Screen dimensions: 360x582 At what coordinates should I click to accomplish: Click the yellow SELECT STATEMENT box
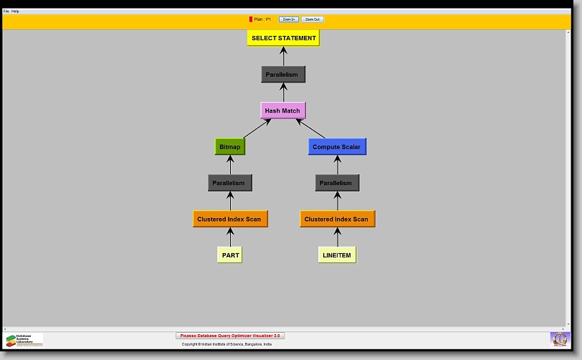(283, 38)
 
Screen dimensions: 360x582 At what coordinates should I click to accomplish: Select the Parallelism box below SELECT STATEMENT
(283, 75)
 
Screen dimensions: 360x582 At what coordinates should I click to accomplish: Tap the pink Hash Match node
(282, 110)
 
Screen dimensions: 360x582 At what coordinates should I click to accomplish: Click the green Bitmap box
(230, 146)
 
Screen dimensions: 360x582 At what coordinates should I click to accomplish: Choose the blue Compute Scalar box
(337, 146)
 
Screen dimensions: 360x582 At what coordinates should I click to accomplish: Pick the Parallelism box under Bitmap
(230, 183)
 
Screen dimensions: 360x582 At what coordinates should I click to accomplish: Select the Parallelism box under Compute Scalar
(337, 183)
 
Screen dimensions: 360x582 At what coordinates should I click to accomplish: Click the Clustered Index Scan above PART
(230, 219)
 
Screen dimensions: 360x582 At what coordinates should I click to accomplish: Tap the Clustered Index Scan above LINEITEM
(337, 219)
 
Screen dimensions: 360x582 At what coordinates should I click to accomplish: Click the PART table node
(230, 255)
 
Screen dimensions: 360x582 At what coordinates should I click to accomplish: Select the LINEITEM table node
(337, 255)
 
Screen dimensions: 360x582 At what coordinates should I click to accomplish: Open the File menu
(6, 11)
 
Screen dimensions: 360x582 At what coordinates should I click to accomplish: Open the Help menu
(15, 11)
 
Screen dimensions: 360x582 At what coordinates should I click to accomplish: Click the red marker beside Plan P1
(251, 19)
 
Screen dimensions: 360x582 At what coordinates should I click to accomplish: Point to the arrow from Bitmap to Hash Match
(257, 128)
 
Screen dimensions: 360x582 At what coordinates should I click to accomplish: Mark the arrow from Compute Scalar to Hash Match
(310, 128)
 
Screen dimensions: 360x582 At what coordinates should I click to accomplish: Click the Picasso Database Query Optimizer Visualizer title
(230, 336)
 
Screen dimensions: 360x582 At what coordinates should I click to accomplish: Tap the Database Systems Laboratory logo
(24, 340)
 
